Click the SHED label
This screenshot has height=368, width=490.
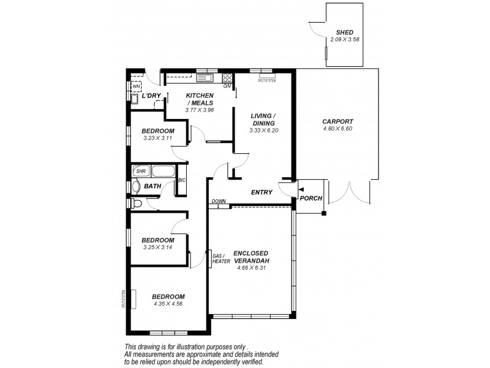(x=345, y=32)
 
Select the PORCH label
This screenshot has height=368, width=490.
(x=311, y=199)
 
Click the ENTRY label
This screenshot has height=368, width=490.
(x=262, y=193)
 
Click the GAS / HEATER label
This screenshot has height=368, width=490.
(x=221, y=258)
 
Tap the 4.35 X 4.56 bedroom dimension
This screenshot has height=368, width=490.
(x=168, y=304)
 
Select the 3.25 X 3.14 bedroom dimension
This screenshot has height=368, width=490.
(x=157, y=247)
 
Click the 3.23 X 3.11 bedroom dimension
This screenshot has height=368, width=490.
(x=158, y=138)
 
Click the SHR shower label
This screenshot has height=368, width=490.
(x=140, y=171)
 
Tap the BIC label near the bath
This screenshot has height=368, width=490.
(x=181, y=180)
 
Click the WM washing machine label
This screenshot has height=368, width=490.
(x=135, y=86)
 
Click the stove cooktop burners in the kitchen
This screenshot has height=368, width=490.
(x=227, y=78)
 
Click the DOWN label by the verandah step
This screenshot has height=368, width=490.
(x=218, y=201)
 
